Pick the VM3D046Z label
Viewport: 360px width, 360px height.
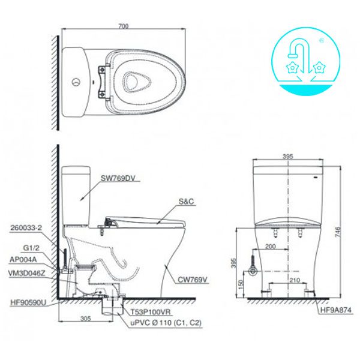click(28, 273)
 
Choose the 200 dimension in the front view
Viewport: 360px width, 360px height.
click(271, 247)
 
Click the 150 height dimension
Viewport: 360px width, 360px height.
click(241, 283)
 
